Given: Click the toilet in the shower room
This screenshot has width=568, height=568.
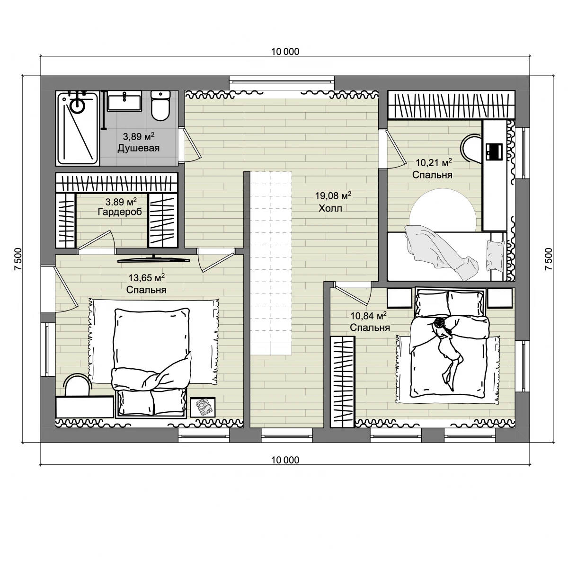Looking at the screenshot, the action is pyautogui.click(x=160, y=106).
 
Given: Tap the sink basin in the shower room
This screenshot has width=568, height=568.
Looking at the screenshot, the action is pyautogui.click(x=124, y=101).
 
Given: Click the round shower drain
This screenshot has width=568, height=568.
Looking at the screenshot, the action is pyautogui.click(x=78, y=105).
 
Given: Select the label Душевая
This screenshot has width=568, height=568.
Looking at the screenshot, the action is pyautogui.click(x=139, y=148).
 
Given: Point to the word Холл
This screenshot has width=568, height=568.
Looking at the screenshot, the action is pyautogui.click(x=330, y=209).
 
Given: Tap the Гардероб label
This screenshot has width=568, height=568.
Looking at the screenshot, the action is pyautogui.click(x=120, y=212).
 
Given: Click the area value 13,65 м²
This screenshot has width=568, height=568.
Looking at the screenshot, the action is pyautogui.click(x=146, y=278).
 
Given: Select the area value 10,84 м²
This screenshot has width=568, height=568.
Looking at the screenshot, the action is pyautogui.click(x=368, y=316).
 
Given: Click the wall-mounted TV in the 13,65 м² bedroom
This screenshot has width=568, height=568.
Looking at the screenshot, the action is pyautogui.click(x=153, y=260).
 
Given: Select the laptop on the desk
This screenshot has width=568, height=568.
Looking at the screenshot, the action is pyautogui.click(x=493, y=151).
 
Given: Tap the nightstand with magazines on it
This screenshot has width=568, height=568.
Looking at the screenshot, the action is pyautogui.click(x=203, y=407).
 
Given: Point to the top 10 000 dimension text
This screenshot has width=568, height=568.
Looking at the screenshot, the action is pyautogui.click(x=285, y=52).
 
